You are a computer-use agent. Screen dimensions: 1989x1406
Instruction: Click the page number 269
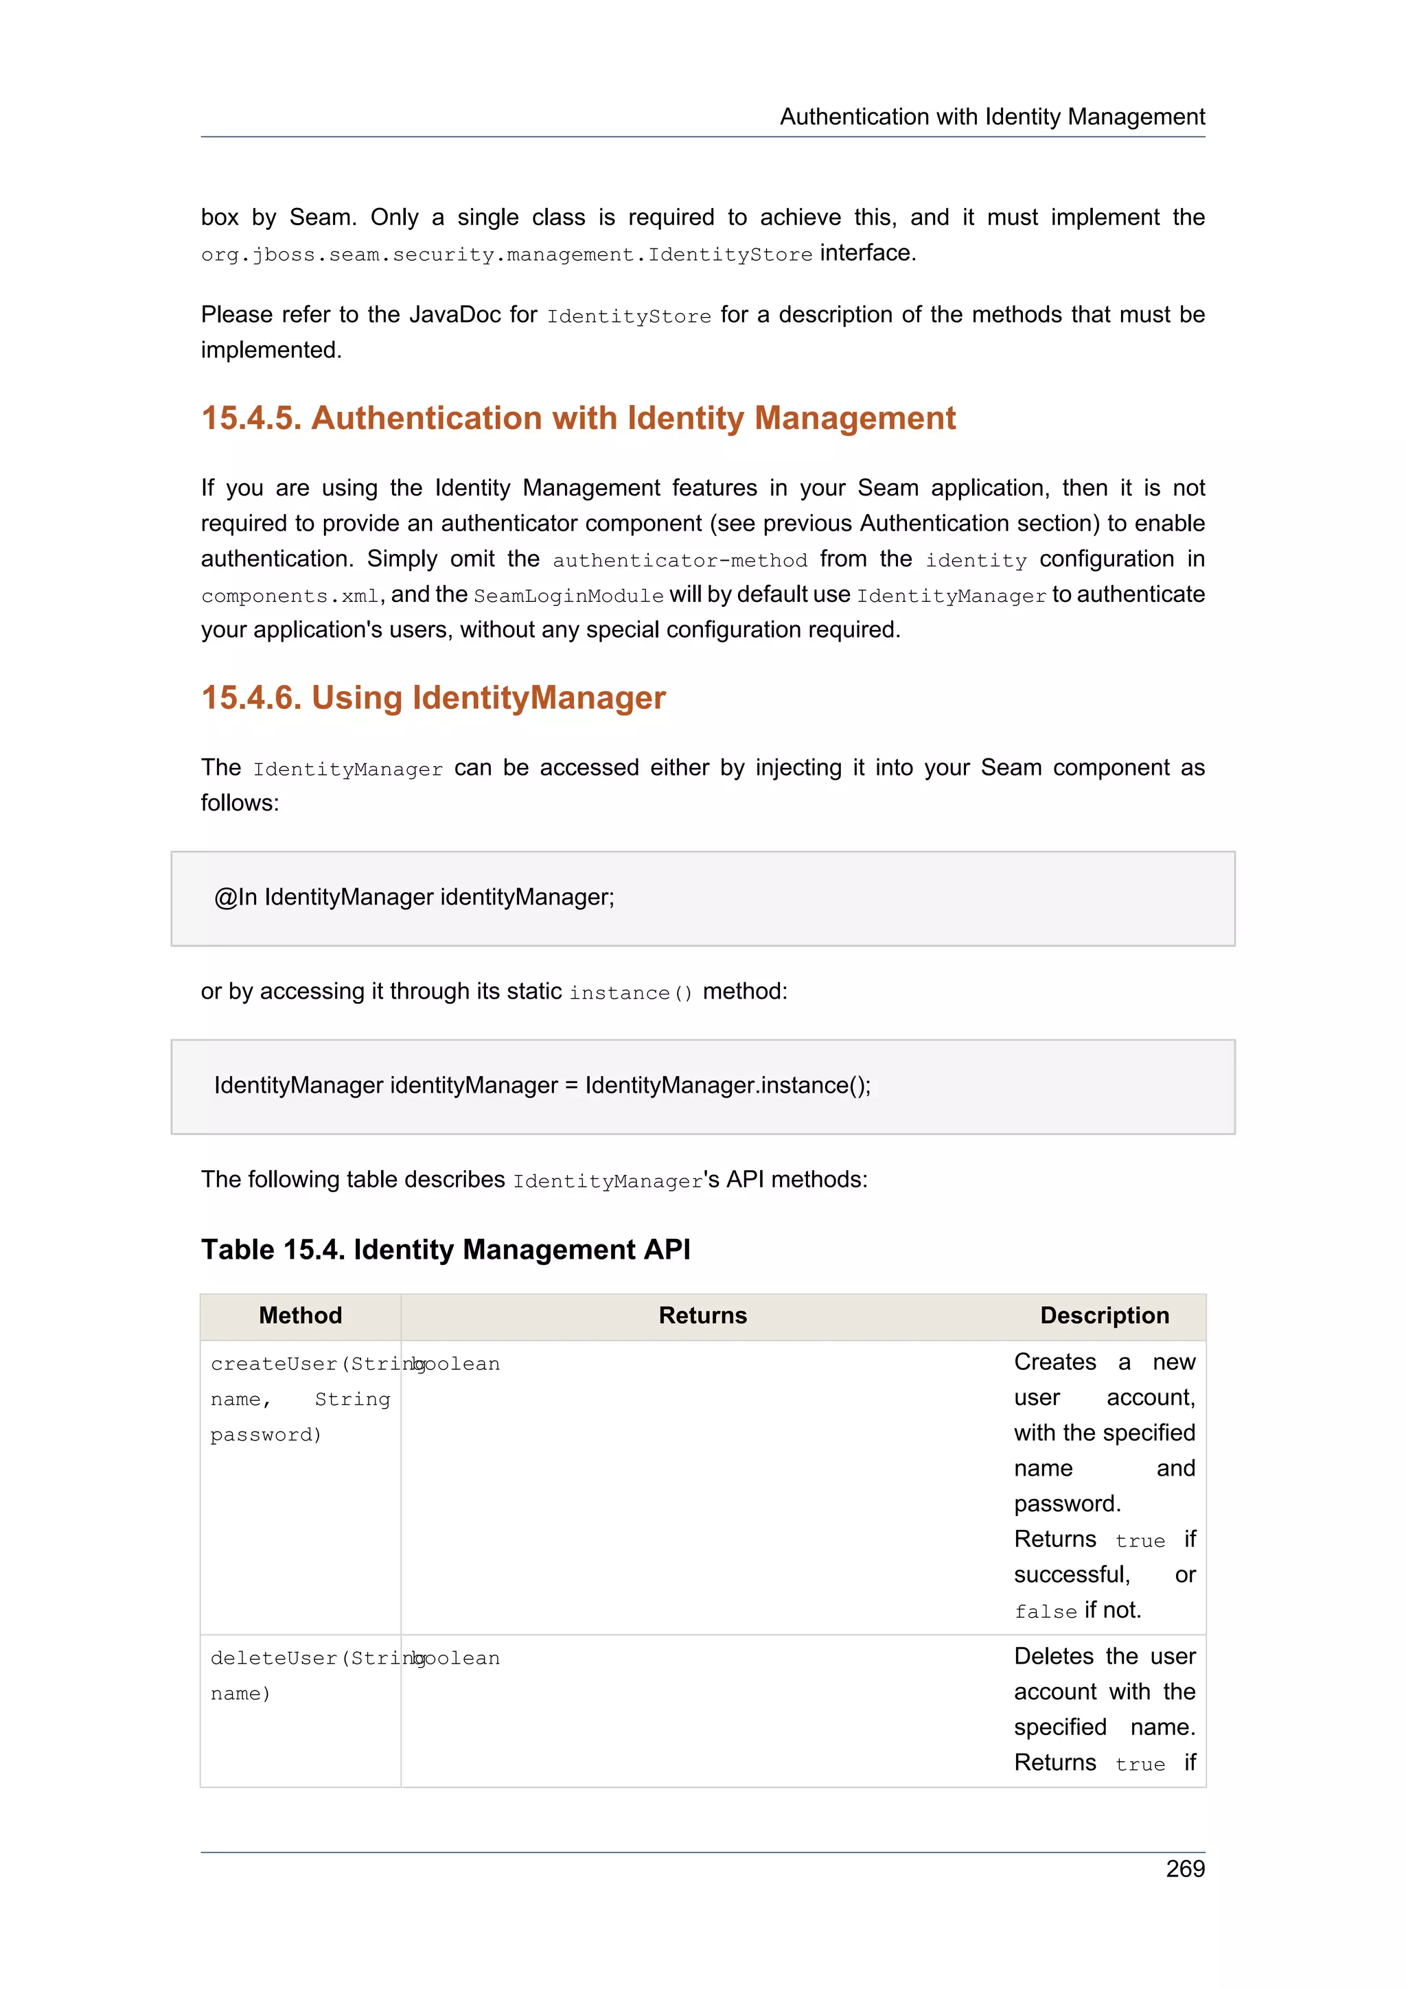(1184, 1869)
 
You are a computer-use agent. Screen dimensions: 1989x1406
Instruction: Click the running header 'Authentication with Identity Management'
(992, 117)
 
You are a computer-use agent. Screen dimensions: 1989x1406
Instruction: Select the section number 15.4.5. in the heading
(251, 419)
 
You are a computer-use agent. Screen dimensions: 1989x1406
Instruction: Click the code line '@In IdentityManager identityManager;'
(414, 898)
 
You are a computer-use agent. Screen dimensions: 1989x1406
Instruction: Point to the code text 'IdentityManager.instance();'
(728, 1086)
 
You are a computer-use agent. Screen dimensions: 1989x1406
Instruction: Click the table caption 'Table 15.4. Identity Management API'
(446, 1250)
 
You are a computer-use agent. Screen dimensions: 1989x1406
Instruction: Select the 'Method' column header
(300, 1316)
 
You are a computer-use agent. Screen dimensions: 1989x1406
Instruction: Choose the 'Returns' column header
(702, 1316)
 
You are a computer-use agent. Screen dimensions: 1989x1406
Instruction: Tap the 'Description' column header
(1104, 1316)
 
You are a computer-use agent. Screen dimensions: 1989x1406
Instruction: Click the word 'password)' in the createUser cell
(266, 1435)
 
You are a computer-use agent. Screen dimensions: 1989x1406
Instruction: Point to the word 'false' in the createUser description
(1045, 1612)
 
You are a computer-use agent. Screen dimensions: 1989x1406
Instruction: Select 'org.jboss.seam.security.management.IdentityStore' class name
(506, 255)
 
